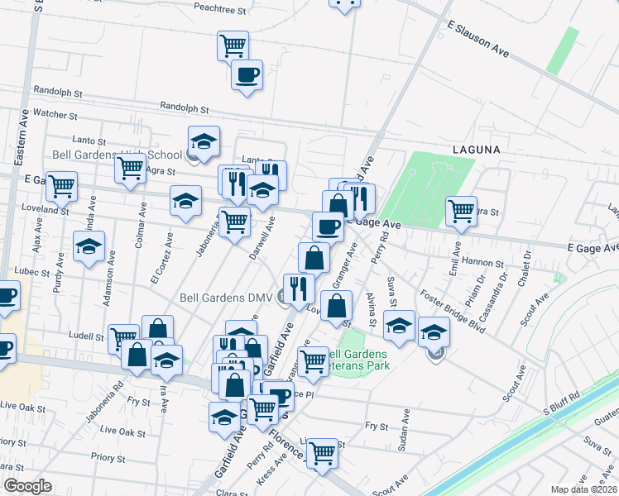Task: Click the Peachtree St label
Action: [x=220, y=12]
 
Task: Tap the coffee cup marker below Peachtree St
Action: [x=247, y=75]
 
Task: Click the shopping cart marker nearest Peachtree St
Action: [x=233, y=45]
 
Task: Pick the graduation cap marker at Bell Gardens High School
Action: [x=204, y=141]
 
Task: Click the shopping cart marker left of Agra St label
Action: [x=131, y=169]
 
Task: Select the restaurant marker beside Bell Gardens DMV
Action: [x=299, y=288]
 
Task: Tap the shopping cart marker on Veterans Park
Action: [x=312, y=361]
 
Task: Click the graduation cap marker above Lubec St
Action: [x=89, y=246]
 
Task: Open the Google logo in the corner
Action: [x=27, y=486]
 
